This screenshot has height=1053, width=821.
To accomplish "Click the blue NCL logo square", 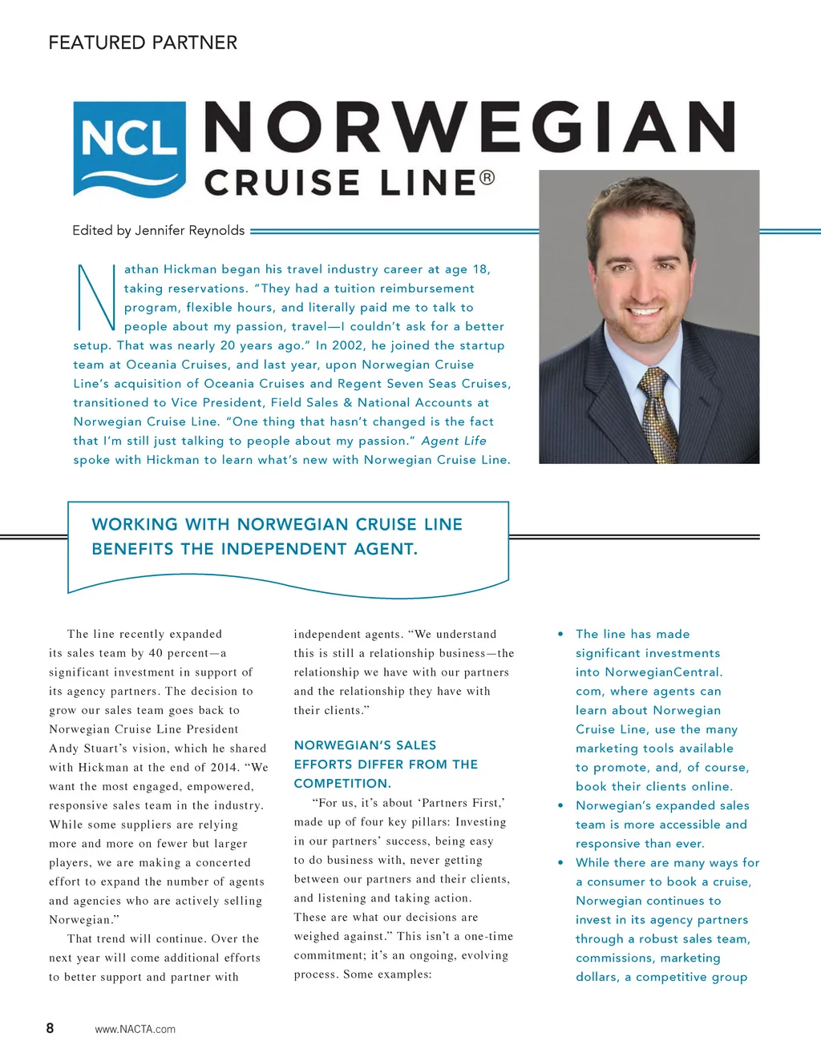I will [129, 149].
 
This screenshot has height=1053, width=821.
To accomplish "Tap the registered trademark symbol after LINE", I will [487, 178].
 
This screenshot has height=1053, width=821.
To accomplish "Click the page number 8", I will [50, 1028].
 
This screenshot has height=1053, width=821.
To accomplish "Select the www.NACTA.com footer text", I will [135, 1029].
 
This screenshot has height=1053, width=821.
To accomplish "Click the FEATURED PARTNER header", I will [143, 42].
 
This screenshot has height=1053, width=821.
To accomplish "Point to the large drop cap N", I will [96, 297].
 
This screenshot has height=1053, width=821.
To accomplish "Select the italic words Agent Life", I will [454, 441].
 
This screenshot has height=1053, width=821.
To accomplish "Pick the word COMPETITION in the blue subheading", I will [341, 784].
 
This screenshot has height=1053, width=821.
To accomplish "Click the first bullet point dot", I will [560, 634].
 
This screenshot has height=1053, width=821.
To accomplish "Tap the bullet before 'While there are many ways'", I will [560, 863].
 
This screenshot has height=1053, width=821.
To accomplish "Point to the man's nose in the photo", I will [649, 276].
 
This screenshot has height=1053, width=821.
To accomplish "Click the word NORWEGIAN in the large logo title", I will [470, 127].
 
